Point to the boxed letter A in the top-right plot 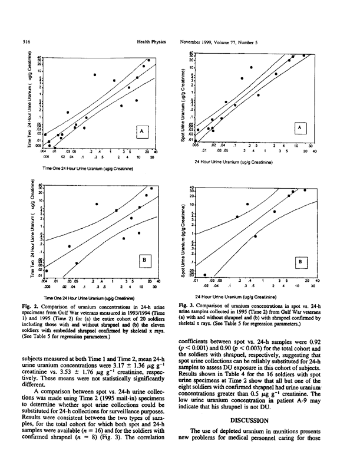coord(300,127)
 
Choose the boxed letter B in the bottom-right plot coord(300,260)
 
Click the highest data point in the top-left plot coord(148,60)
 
